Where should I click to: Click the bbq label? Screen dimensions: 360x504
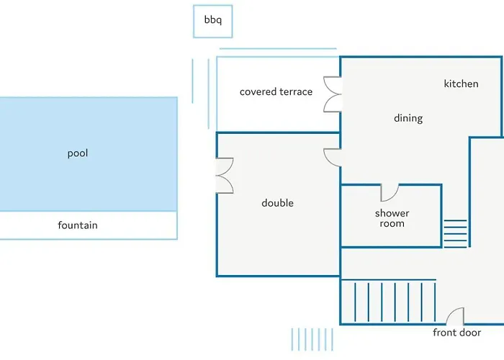213,20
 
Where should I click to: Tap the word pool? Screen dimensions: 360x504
78,153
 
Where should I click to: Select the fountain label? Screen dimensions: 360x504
78,225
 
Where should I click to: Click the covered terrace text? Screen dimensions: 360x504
276,92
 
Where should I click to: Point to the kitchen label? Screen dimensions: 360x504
461,84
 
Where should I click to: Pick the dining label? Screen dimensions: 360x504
408,118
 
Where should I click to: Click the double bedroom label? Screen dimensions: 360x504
277,203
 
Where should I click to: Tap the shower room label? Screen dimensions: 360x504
392,218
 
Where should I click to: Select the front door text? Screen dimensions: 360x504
457,333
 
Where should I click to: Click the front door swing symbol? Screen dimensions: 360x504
455,317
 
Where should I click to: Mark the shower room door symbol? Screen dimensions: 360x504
390,193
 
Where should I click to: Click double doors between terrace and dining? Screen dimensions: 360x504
332,94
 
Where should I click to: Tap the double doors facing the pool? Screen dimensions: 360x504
225,176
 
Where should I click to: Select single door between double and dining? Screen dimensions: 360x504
332,158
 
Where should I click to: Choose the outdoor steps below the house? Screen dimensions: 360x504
312,339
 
